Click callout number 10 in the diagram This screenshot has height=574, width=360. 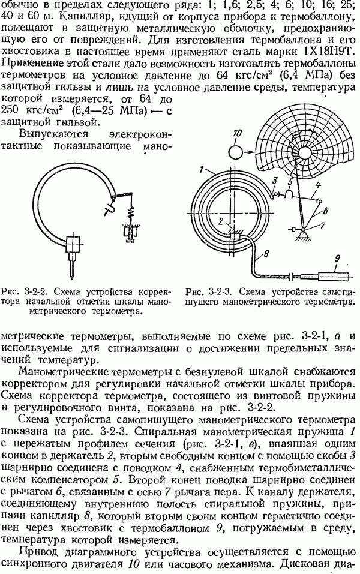(x=238, y=133)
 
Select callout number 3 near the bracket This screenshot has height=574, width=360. (x=275, y=180)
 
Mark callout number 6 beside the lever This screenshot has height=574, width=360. (x=325, y=211)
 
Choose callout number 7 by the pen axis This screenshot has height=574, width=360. (x=322, y=225)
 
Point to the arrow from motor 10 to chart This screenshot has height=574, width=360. (x=253, y=151)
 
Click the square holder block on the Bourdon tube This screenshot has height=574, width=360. (x=74, y=244)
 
